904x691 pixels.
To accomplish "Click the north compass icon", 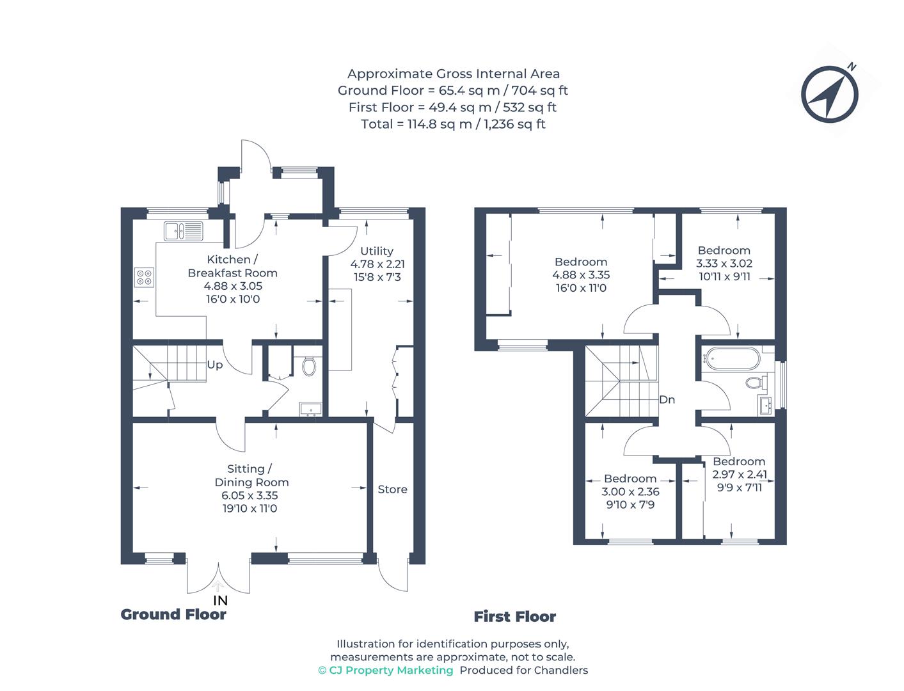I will click(x=830, y=93).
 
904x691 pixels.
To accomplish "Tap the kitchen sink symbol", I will click(x=183, y=231).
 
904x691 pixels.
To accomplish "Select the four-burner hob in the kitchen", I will click(x=144, y=277).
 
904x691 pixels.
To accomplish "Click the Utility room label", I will click(x=377, y=251).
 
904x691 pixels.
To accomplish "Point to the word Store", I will click(x=392, y=489).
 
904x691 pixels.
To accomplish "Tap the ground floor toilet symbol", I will click(x=310, y=366).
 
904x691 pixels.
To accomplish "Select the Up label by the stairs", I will click(x=215, y=365).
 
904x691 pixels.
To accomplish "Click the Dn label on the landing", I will click(x=667, y=400).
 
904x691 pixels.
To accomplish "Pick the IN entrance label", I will click(x=220, y=601).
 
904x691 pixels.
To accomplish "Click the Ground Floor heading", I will click(x=173, y=615).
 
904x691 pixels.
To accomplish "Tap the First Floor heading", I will click(x=514, y=617).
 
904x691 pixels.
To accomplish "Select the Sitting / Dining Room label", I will click(x=251, y=475).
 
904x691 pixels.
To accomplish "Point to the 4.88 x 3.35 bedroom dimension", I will click(x=581, y=275).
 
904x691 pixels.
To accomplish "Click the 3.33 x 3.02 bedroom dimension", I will click(x=724, y=264).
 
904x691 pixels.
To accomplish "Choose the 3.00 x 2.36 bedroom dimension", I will click(x=630, y=492).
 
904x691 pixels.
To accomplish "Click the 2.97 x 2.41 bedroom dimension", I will click(x=740, y=475).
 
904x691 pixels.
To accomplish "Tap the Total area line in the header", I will click(x=453, y=124).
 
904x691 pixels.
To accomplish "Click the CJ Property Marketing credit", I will click(x=386, y=671).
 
